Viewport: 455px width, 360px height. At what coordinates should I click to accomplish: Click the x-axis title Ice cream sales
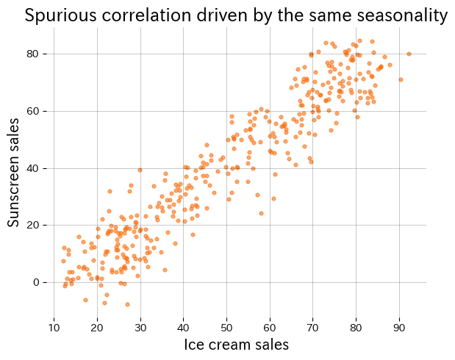[236, 345]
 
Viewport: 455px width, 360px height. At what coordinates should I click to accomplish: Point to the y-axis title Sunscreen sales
[14, 170]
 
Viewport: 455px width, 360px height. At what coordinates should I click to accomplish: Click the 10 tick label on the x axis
[54, 327]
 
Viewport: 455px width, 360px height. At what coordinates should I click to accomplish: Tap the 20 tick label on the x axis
[97, 327]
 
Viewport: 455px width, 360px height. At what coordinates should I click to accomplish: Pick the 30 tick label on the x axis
[140, 327]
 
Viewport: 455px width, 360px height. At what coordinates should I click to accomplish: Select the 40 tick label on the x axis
[183, 327]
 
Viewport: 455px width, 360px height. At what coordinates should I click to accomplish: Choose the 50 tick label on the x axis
[226, 327]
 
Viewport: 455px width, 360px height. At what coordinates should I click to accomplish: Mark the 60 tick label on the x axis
[270, 327]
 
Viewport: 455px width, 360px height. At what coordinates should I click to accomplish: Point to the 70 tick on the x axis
[313, 327]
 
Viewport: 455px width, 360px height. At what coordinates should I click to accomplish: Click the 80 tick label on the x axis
[356, 327]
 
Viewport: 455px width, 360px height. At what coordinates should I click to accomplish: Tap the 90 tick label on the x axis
[399, 327]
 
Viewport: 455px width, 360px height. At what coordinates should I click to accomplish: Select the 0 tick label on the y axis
[44, 282]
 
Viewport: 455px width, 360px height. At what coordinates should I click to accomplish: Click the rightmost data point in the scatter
[409, 54]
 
